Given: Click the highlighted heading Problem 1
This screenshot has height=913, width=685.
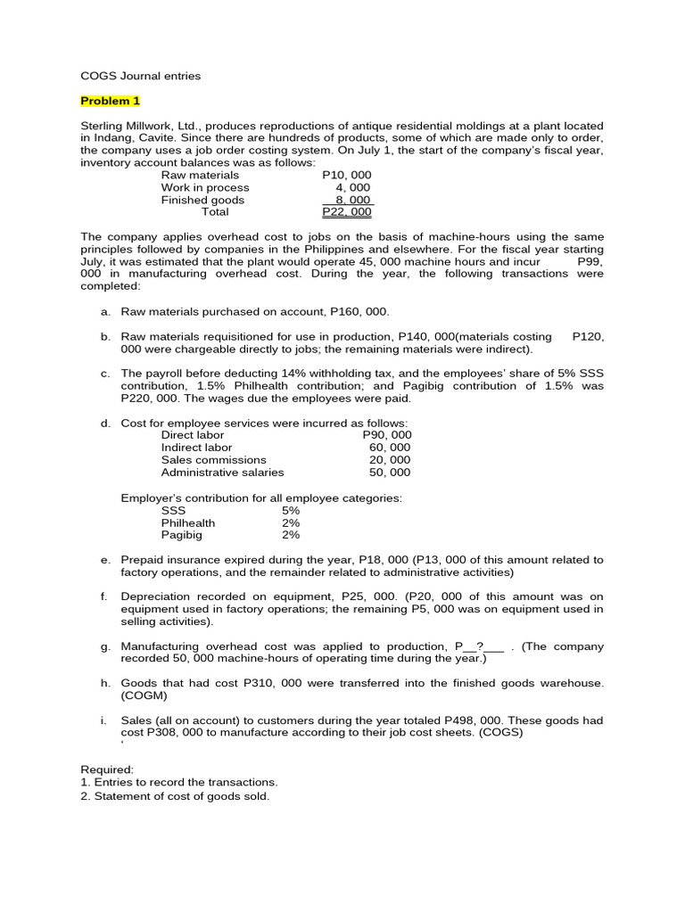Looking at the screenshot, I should point(111,101).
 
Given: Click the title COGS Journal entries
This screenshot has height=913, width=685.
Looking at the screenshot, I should point(141,76).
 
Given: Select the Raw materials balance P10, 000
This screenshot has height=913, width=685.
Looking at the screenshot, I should point(347,176).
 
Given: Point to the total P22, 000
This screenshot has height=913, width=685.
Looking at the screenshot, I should point(347,212).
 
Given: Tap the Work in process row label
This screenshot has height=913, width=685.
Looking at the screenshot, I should point(205,188).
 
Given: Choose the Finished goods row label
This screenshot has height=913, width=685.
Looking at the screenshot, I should point(202,201).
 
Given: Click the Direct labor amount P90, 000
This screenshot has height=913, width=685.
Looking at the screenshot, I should point(387,435).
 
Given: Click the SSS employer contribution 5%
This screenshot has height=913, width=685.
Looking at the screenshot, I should point(291,511).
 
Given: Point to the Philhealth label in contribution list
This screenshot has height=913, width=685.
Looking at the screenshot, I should point(188,523).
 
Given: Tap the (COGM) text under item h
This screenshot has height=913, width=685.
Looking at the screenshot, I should point(143,695).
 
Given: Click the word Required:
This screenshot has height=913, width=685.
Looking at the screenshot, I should point(107,769).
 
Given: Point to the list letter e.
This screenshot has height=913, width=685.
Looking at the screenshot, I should point(105,560).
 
